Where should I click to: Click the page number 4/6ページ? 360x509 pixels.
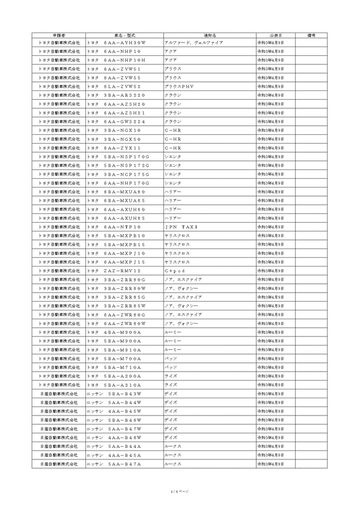tap(180, 491)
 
